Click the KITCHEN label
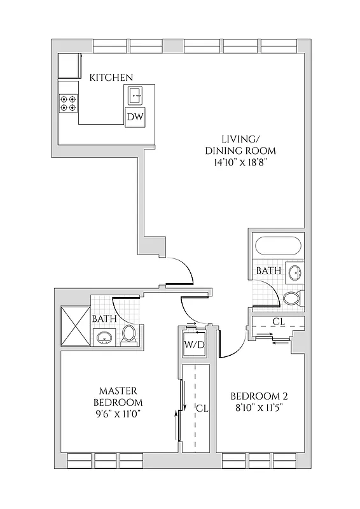[x=111, y=77]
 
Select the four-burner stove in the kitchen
[x=68, y=103]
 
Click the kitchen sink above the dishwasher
[x=135, y=95]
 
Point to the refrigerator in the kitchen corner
[x=68, y=66]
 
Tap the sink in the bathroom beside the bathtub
[x=294, y=272]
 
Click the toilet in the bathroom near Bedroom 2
[x=292, y=298]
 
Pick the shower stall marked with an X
[x=75, y=326]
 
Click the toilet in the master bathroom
[x=128, y=335]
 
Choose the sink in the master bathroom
[x=104, y=337]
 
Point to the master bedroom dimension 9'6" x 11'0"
[x=118, y=414]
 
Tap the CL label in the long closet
[x=200, y=407]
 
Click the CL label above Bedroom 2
[x=278, y=321]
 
